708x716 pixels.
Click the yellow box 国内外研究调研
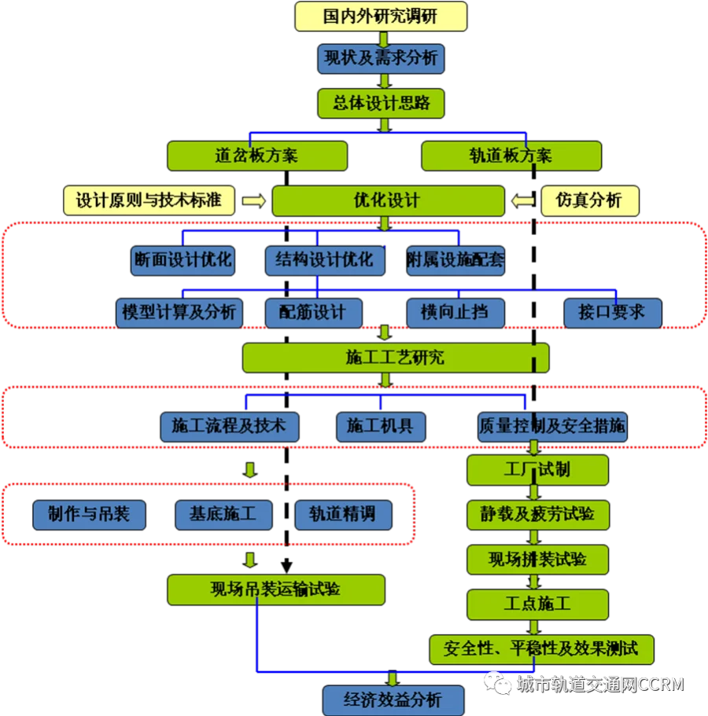click(x=381, y=17)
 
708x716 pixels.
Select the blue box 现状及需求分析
click(x=381, y=58)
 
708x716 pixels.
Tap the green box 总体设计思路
click(x=381, y=103)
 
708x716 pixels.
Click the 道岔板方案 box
click(x=257, y=156)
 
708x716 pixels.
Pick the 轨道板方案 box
click(x=511, y=156)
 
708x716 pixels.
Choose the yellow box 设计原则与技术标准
click(x=149, y=200)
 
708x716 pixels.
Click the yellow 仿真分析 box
click(x=590, y=200)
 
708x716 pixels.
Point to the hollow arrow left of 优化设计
click(x=253, y=201)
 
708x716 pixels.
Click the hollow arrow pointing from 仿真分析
click(x=523, y=200)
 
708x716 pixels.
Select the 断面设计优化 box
click(x=183, y=260)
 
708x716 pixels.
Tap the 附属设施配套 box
click(x=455, y=260)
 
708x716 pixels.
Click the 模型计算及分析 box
click(x=179, y=313)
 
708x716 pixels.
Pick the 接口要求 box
click(x=613, y=313)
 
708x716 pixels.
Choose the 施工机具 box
click(x=381, y=427)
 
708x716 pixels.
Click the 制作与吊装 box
click(x=89, y=515)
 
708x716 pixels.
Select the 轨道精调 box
click(x=343, y=515)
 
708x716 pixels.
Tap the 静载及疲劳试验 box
click(x=538, y=515)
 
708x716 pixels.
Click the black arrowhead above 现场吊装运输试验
click(x=286, y=566)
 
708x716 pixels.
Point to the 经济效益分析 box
click(x=393, y=699)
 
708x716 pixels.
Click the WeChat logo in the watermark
click(x=498, y=684)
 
